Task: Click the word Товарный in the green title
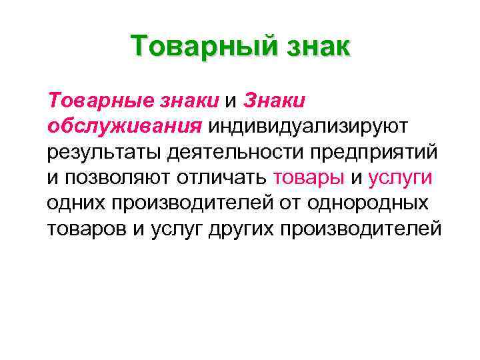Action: pos(198,47)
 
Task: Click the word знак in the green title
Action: pos(313,47)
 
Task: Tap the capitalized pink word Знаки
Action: pos(275,100)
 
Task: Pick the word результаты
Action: pos(105,151)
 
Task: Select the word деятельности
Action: pos(234,151)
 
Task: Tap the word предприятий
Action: pos(373,151)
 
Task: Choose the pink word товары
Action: pos(309,177)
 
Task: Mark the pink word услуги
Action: pos(400,177)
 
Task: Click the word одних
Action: pos(74,203)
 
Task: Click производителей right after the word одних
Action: pos(186,203)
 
